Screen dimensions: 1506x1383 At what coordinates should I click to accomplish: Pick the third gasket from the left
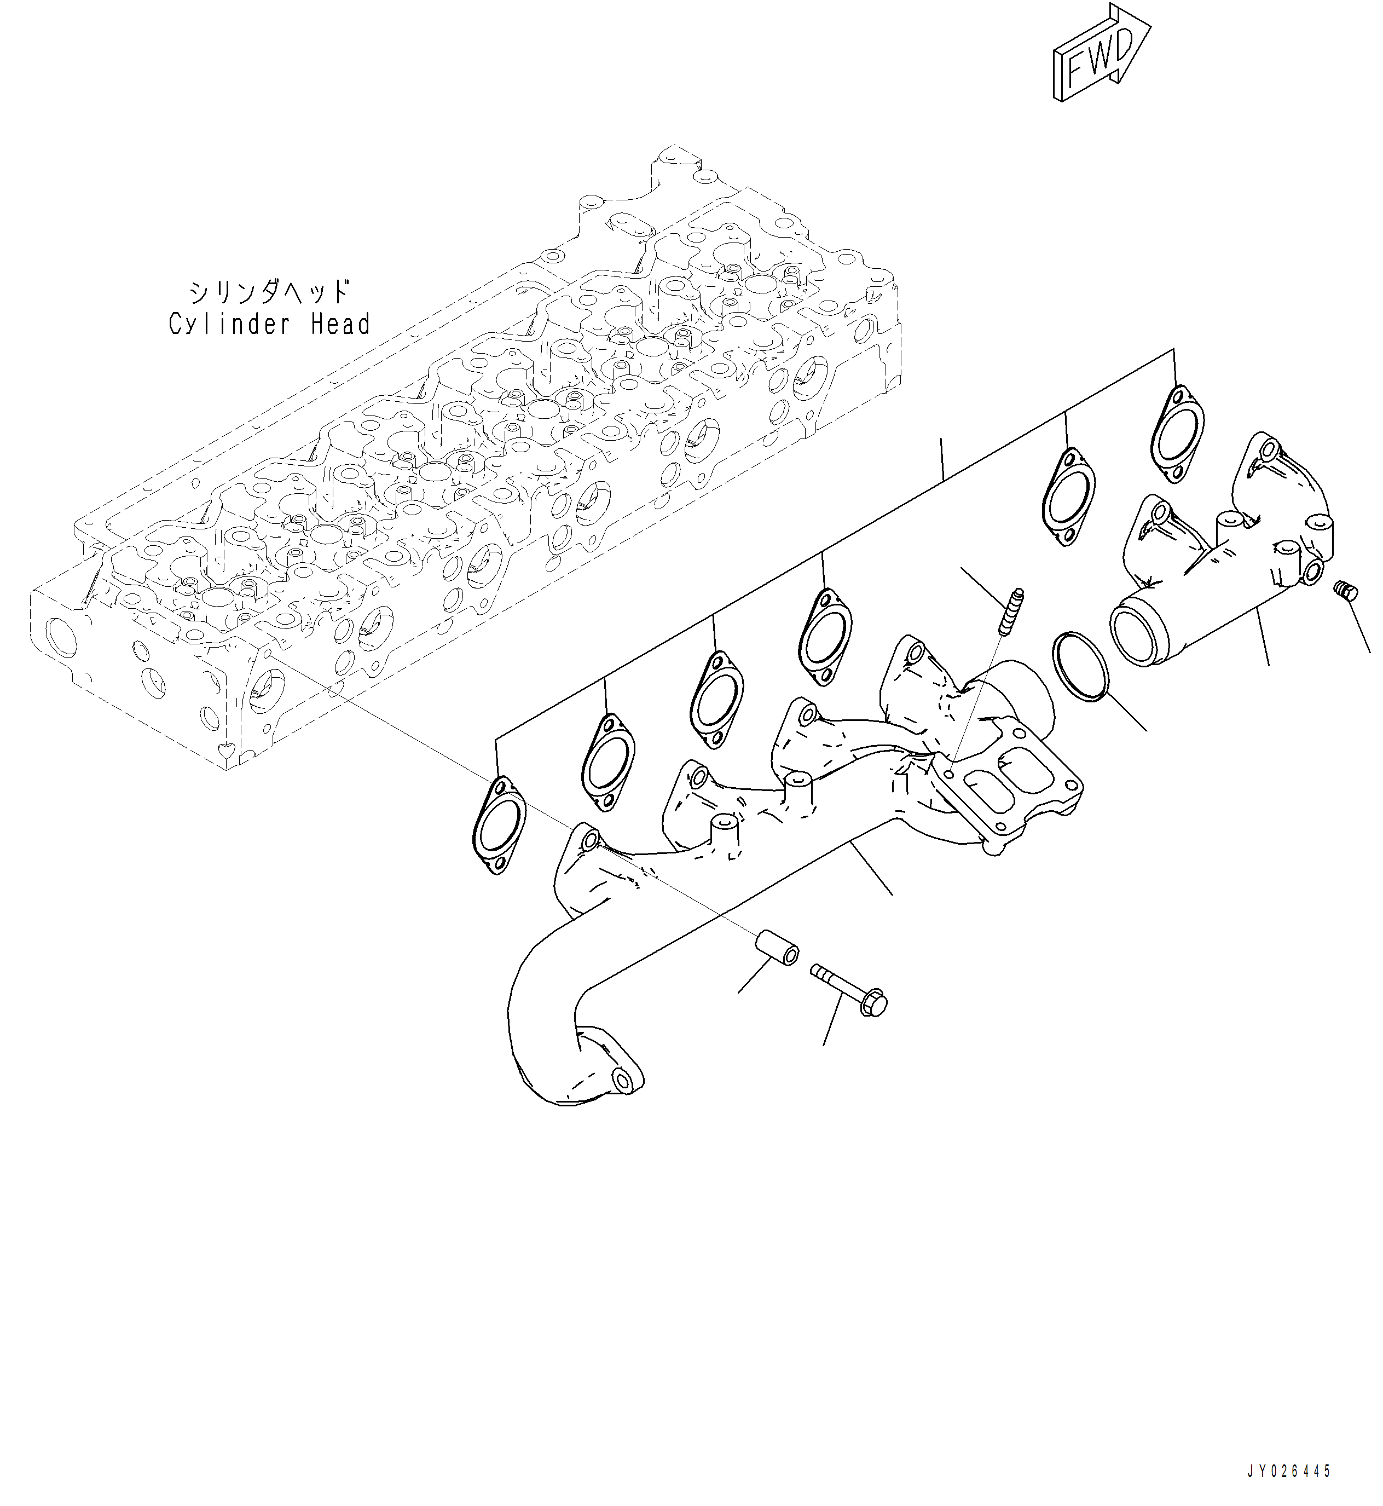(x=717, y=699)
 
